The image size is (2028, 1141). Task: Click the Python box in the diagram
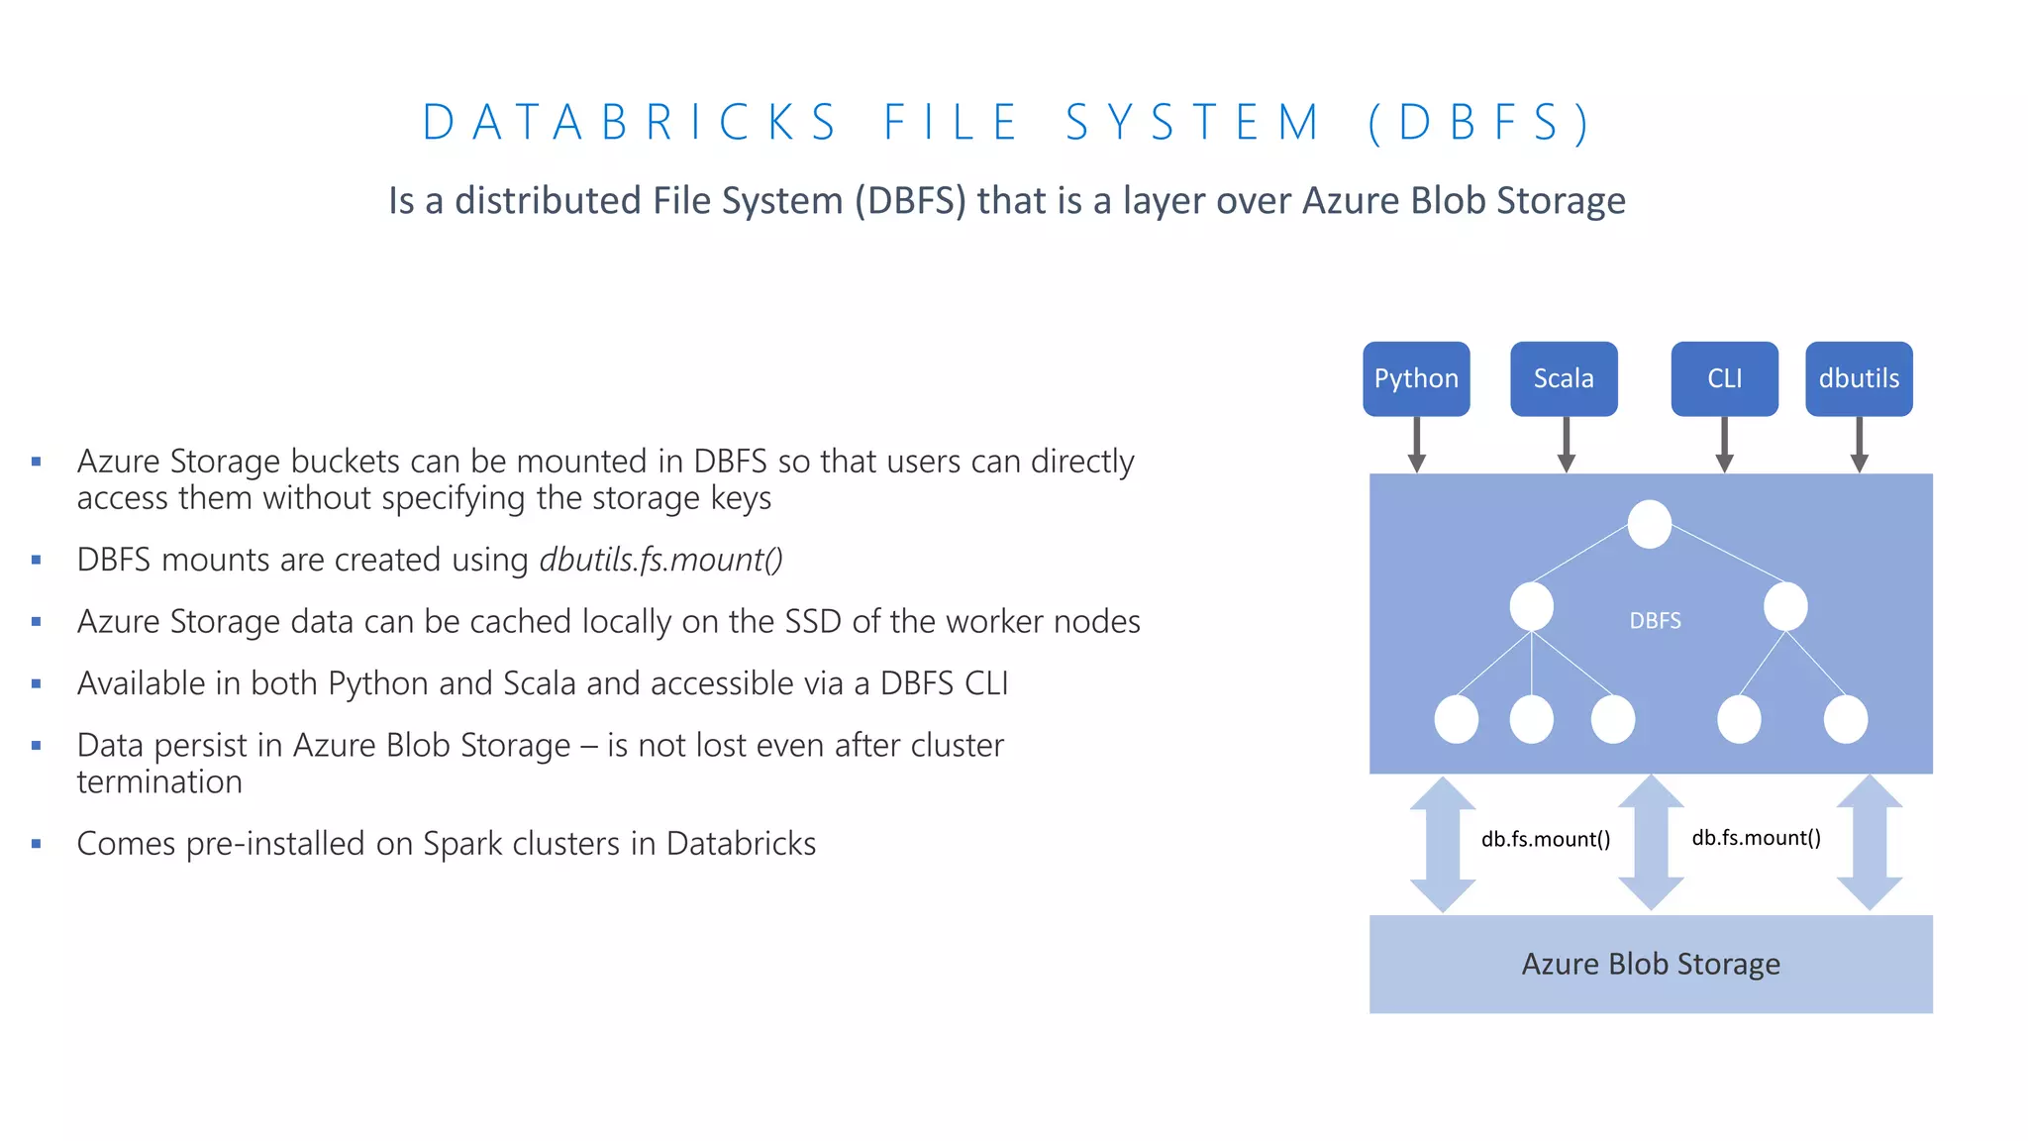[x=1415, y=378]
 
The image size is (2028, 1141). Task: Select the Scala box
[x=1563, y=378]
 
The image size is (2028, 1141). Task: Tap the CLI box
[x=1724, y=378]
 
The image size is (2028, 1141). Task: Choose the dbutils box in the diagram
[x=1858, y=378]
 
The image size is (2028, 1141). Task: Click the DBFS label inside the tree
[x=1655, y=621]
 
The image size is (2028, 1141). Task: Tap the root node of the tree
[x=1649, y=524]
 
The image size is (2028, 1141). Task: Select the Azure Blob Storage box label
[x=1650, y=964]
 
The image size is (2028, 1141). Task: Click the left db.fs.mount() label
[x=1545, y=839]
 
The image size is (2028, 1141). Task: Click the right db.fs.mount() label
[x=1756, y=838]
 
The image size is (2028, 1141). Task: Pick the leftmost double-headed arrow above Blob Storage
[x=1443, y=844]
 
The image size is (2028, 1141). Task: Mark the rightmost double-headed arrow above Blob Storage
[x=1869, y=843]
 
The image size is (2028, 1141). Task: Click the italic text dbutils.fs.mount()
[x=660, y=560]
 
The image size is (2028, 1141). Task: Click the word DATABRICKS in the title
[x=631, y=123]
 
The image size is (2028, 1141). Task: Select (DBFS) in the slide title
[x=1479, y=123]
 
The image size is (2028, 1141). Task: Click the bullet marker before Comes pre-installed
[x=37, y=844]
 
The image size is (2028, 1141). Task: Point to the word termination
[x=159, y=782]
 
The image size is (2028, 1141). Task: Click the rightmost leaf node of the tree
[x=1845, y=719]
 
